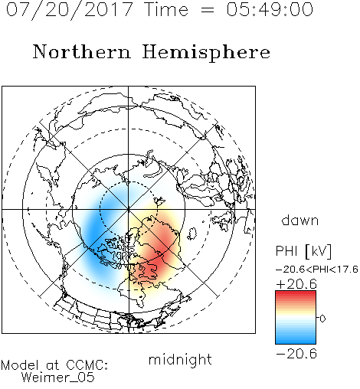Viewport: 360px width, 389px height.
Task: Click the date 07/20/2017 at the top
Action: tap(69, 9)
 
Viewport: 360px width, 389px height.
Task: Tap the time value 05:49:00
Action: tap(270, 9)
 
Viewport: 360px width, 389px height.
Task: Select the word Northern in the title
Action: tap(81, 52)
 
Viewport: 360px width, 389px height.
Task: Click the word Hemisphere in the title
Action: tap(206, 53)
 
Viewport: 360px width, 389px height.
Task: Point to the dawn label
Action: tap(300, 220)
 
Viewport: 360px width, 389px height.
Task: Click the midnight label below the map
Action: tap(180, 360)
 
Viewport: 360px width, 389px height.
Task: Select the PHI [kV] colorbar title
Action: tap(303, 251)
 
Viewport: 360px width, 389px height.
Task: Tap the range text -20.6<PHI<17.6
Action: tap(317, 270)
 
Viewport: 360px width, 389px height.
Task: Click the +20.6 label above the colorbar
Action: tap(296, 284)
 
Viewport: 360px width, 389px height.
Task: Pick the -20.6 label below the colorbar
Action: tap(296, 354)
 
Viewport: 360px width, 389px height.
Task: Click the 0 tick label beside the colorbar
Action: tap(322, 319)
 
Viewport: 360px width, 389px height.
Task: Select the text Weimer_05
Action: tap(58, 377)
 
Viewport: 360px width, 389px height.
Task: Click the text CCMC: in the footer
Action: tap(87, 365)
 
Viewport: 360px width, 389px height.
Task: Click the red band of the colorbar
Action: tap(296, 296)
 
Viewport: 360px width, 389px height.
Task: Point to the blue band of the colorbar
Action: tap(296, 338)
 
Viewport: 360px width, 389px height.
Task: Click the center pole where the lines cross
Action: tap(129, 209)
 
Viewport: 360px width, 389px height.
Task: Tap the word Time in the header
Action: tap(166, 9)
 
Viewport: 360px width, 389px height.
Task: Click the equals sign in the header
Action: tap(208, 10)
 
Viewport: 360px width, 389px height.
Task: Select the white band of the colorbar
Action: tap(296, 319)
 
